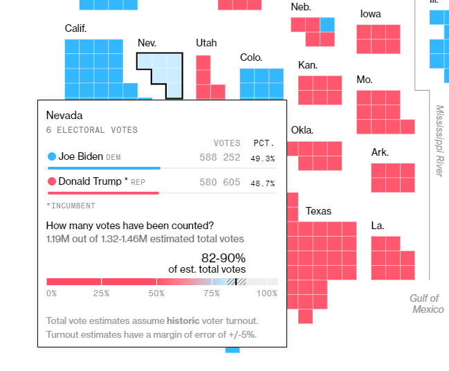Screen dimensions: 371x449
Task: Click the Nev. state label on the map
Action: click(147, 43)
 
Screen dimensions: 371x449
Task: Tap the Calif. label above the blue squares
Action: click(75, 28)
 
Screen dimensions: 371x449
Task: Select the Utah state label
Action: click(206, 43)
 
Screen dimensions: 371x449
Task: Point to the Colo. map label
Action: click(251, 57)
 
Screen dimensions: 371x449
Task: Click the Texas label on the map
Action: click(318, 211)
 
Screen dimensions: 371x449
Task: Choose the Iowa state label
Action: click(370, 14)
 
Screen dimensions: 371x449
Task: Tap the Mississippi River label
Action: click(439, 141)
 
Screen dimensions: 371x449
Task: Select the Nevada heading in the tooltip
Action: click(64, 115)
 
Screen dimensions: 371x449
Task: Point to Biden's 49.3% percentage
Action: click(262, 158)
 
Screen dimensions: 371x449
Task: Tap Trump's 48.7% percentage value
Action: click(262, 183)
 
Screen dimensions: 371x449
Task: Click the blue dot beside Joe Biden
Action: click(51, 156)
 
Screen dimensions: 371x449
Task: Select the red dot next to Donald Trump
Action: click(51, 182)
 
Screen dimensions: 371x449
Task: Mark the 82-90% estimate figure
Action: click(223, 258)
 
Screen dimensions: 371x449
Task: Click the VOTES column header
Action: click(226, 143)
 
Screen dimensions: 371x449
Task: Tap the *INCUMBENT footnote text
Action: click(71, 206)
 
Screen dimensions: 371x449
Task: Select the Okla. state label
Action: click(302, 130)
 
